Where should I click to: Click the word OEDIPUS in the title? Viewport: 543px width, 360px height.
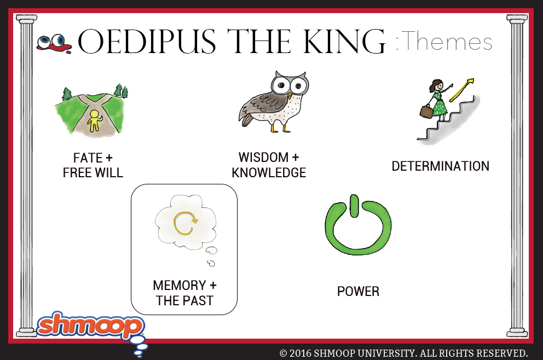click(147, 42)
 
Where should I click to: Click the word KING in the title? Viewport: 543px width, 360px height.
click(344, 42)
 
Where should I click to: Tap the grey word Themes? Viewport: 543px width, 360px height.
click(447, 41)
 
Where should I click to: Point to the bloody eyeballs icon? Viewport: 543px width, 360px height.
click(54, 44)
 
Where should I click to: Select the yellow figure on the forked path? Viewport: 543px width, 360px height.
click(94, 121)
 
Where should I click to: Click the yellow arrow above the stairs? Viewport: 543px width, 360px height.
click(461, 90)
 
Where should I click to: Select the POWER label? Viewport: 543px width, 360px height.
click(358, 292)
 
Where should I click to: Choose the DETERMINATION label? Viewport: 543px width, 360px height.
click(441, 166)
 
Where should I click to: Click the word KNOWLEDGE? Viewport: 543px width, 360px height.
click(269, 173)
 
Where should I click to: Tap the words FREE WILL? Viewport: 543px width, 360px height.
click(93, 173)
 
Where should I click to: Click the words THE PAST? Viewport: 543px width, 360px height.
click(184, 301)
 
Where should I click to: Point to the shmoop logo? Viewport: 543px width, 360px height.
click(91, 326)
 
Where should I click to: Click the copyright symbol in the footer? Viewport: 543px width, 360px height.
click(284, 353)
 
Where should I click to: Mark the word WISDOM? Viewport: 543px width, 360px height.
click(263, 158)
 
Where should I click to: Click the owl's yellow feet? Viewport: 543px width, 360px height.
click(280, 129)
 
